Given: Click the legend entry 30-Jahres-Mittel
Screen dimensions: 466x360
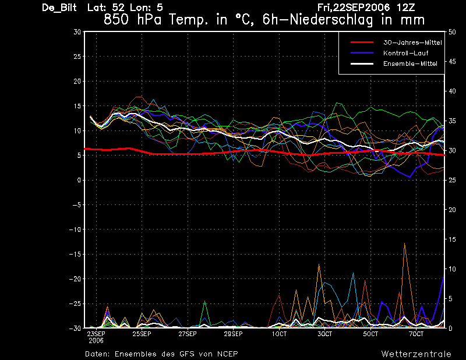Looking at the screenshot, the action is coord(412,43).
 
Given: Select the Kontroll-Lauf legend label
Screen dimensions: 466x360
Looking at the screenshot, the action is coord(406,53).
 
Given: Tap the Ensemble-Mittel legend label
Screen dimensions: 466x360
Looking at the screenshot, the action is coord(410,63).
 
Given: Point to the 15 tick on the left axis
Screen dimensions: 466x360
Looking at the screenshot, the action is coord(77,106).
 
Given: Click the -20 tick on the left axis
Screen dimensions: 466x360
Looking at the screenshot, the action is coord(75,279).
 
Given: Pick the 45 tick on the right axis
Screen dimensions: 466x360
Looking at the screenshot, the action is coord(452,62).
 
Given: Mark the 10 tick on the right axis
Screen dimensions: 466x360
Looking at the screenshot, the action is coord(452,269).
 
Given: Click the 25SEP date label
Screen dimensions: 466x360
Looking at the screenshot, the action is coord(142,334).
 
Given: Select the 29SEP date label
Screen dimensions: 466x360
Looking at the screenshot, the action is coord(234,334).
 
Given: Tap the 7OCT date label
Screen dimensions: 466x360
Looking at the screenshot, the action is coord(416,334).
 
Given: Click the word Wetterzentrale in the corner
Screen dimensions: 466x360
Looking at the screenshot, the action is coord(416,354).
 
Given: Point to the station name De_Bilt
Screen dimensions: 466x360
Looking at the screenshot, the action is coord(59,8).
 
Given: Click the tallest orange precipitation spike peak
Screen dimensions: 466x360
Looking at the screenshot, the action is coord(404,243).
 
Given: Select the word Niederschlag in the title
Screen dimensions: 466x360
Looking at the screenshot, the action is coord(331,20).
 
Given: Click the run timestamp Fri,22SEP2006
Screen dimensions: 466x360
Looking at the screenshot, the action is coord(354,8).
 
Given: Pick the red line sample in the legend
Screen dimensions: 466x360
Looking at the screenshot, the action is coord(362,43).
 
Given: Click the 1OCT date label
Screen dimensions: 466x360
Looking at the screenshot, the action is coord(279,334).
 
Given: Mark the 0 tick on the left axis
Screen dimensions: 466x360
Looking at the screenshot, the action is coord(79,180).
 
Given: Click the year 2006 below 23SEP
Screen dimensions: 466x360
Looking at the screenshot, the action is coord(96,340).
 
